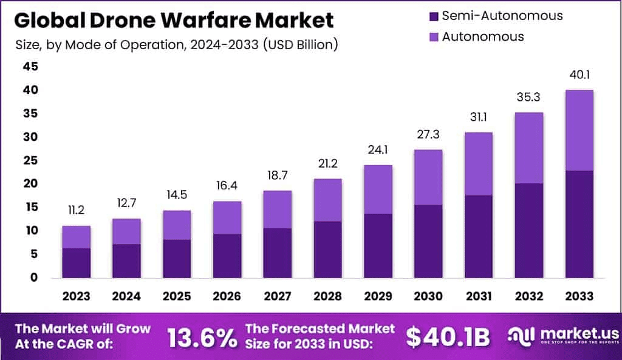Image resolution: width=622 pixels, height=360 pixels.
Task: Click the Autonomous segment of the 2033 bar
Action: coord(579,130)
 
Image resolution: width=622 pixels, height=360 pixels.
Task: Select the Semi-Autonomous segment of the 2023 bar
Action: coord(76,262)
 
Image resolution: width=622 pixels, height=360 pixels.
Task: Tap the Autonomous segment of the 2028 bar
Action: coord(327,200)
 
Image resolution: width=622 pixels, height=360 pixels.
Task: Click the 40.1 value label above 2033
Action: coord(579,76)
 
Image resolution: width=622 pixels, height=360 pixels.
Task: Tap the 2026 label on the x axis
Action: coord(227,296)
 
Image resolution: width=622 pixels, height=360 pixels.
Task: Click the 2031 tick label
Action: coord(478,296)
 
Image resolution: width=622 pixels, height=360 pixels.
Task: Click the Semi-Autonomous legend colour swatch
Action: coord(434,16)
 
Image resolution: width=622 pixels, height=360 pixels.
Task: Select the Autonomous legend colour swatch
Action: coord(434,36)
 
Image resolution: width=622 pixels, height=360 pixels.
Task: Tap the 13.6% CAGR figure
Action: coord(202,338)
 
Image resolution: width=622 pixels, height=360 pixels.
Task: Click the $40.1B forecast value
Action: coord(448,338)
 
